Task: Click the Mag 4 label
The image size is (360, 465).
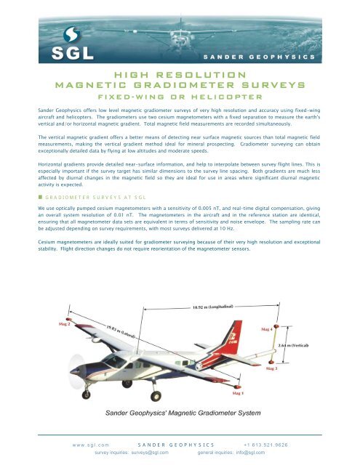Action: click(268, 329)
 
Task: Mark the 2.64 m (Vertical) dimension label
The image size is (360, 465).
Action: click(294, 346)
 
